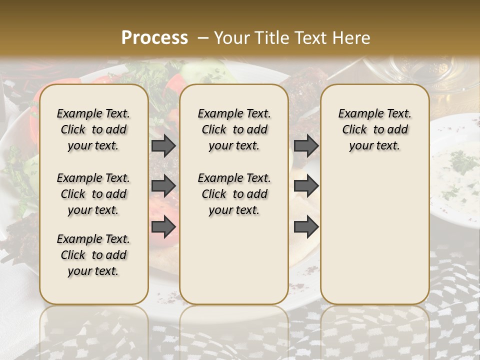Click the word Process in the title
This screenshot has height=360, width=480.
154,38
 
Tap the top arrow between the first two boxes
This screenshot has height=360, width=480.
163,145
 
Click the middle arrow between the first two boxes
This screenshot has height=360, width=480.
163,186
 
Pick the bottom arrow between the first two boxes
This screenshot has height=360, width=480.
163,226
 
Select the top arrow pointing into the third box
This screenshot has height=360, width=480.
306,145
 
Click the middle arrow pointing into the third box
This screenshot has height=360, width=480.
306,186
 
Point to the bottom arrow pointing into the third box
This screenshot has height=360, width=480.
306,226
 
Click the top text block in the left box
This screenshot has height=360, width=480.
93,129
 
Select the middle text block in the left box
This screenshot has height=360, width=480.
93,194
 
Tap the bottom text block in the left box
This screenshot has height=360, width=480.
93,255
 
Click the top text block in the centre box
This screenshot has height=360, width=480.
234,129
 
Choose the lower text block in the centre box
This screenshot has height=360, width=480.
234,194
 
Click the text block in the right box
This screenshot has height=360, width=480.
375,129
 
